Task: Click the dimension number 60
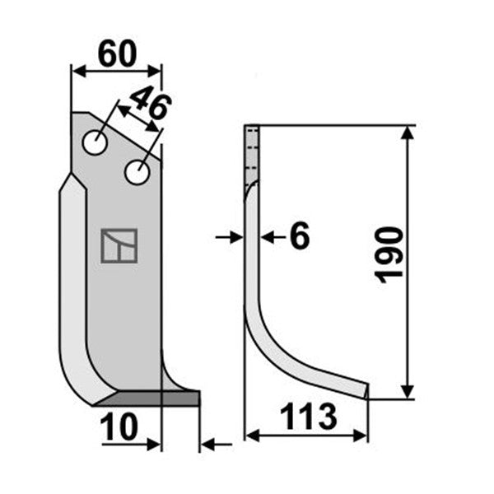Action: [x=117, y=54]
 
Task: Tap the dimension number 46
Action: [x=151, y=104]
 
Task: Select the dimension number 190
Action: [x=389, y=255]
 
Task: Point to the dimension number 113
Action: [x=309, y=417]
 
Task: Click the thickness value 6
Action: [x=300, y=235]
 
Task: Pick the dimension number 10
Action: [x=119, y=426]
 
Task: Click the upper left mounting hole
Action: [x=95, y=142]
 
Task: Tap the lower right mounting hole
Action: [x=137, y=172]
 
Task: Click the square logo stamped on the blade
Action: [x=119, y=246]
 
